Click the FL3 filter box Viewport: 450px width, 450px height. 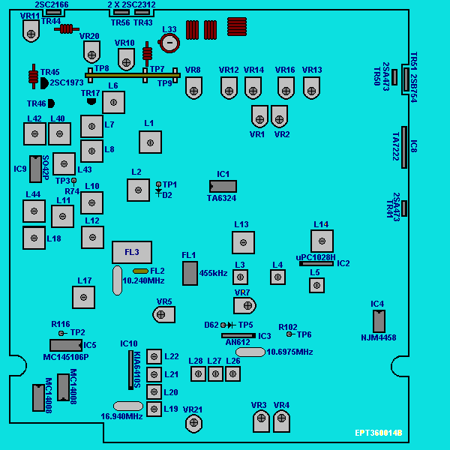point(132,252)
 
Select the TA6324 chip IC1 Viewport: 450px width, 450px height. point(223,186)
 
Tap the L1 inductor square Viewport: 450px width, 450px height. point(150,142)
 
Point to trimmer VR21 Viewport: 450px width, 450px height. point(194,424)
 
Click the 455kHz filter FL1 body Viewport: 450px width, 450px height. point(190,273)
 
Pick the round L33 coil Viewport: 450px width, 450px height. point(170,43)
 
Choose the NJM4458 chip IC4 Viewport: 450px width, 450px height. point(379,321)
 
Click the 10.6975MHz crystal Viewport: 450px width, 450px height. point(250,352)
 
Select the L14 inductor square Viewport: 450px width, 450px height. point(322,241)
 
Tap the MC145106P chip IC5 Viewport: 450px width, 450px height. point(65,345)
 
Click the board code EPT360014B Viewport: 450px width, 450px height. point(378,433)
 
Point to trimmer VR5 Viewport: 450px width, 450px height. point(163,313)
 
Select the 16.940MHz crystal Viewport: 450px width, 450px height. point(128,406)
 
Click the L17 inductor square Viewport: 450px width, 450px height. point(83,297)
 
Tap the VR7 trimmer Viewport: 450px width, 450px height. point(244,305)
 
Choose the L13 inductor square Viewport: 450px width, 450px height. point(243,242)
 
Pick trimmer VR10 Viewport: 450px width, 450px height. point(126,58)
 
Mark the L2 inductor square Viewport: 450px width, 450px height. point(138,190)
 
